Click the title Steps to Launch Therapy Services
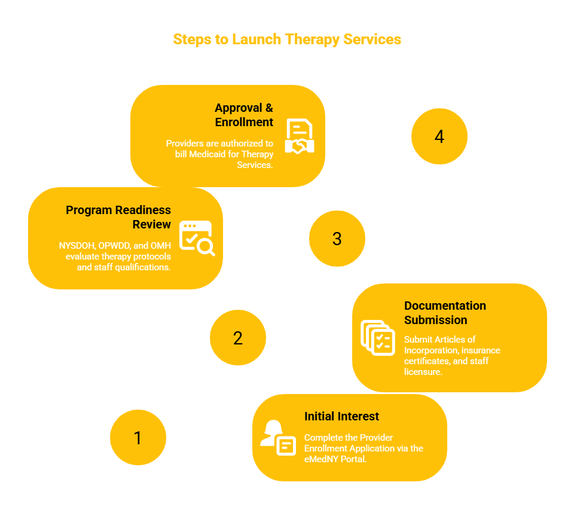pos(287,39)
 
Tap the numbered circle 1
pos(138,437)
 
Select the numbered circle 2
pos(238,338)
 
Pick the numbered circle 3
pos(337,239)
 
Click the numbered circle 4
pos(439,136)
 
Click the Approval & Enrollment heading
pos(244,115)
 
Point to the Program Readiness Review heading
pos(118,217)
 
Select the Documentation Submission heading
pos(445,313)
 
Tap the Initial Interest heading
pos(341,416)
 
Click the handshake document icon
pos(300,136)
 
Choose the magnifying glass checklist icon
pos(197,238)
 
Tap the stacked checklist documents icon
pos(378,338)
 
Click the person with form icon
pos(278,438)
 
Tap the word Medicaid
pos(207,154)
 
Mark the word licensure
pos(423,372)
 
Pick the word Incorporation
pos(431,351)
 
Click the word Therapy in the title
pos(312,40)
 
